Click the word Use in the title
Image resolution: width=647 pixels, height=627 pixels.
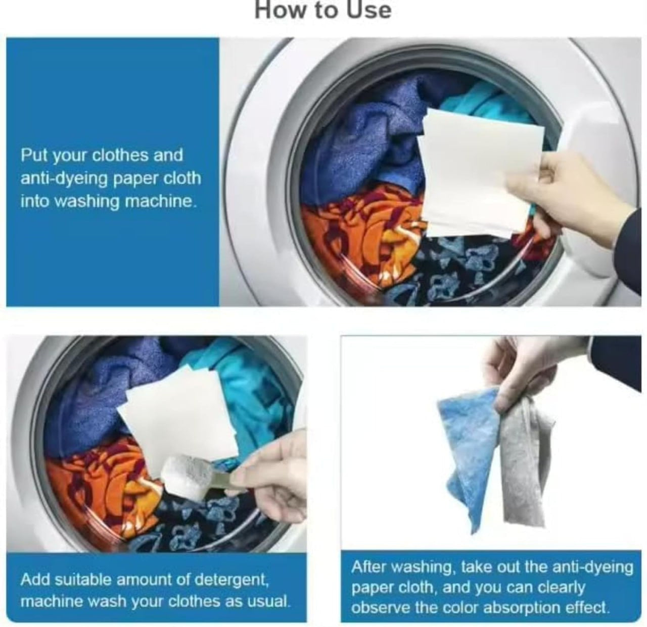point(369,10)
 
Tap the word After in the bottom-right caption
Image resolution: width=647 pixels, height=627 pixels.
point(368,567)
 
